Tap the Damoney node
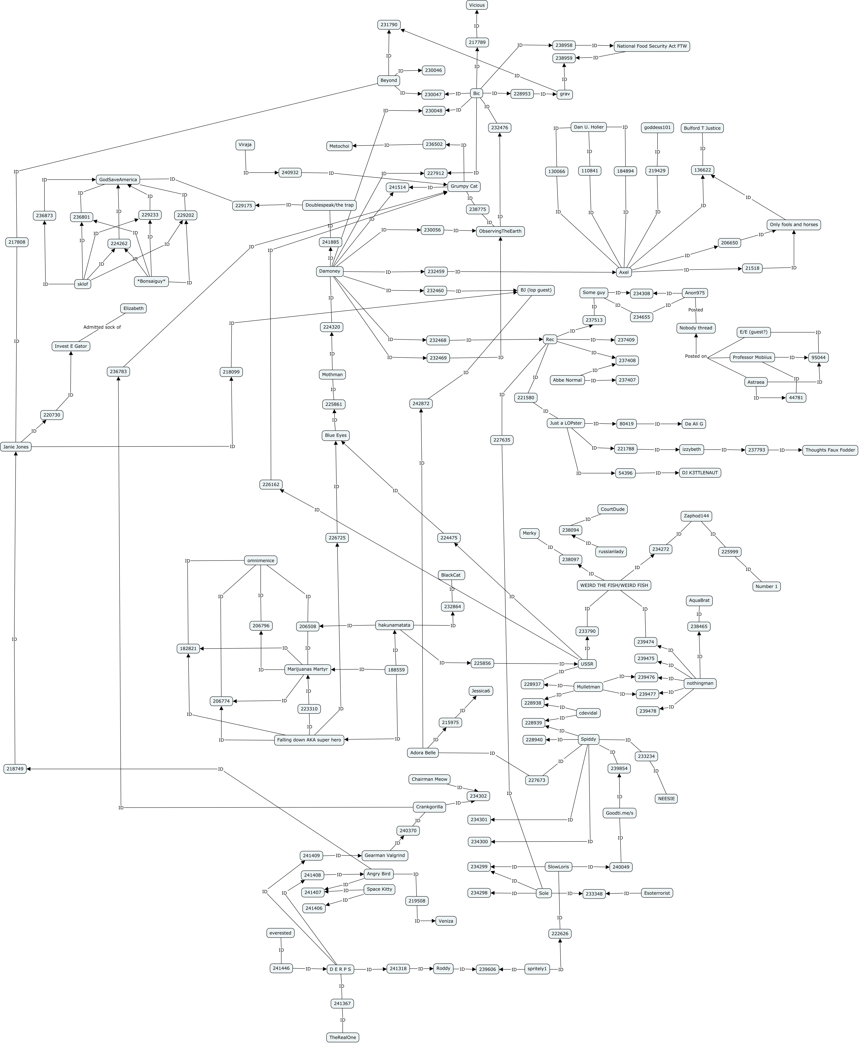(x=330, y=271)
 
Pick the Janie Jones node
(x=16, y=447)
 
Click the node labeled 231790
(x=389, y=25)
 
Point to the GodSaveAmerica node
(x=118, y=180)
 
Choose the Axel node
(x=624, y=272)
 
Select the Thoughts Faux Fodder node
(x=830, y=450)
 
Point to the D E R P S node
(x=340, y=969)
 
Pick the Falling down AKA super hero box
(x=309, y=740)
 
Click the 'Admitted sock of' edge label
(x=102, y=327)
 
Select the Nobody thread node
(x=696, y=328)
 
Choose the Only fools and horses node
(x=794, y=224)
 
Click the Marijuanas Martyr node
(x=308, y=669)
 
